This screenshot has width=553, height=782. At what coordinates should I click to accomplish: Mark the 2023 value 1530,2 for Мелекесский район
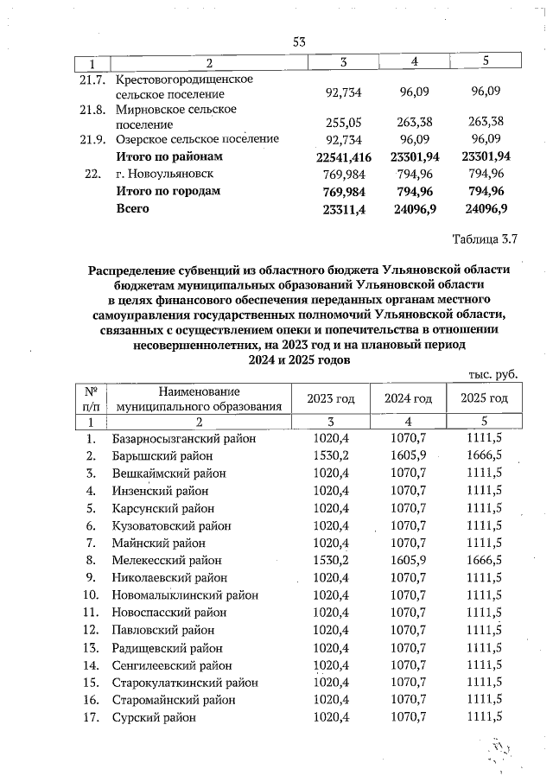[330, 560]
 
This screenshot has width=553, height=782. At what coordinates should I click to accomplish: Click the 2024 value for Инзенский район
[405, 490]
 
